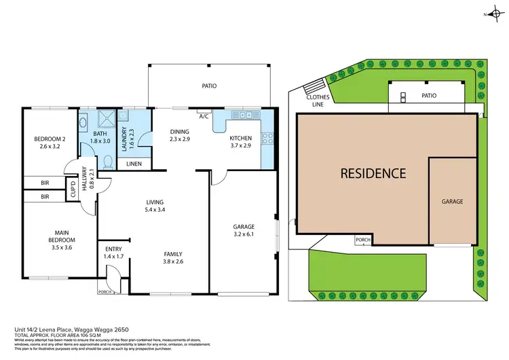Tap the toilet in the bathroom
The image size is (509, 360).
click(108, 161)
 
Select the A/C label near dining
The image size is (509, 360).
click(203, 116)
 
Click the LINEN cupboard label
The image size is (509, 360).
click(134, 164)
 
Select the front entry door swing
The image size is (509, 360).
click(113, 276)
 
